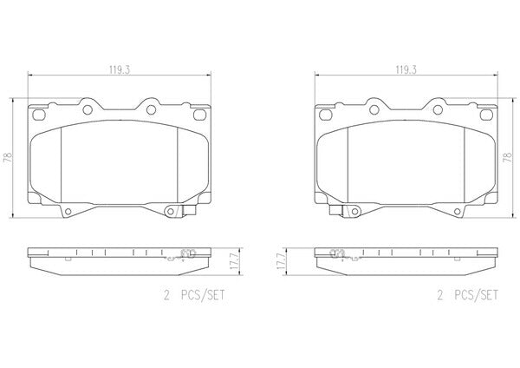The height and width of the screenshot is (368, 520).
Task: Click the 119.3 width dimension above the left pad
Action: pyautogui.click(x=120, y=69)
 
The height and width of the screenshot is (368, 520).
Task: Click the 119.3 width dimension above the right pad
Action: pyautogui.click(x=406, y=69)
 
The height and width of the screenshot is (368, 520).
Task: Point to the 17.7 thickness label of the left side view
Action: pyautogui.click(x=235, y=261)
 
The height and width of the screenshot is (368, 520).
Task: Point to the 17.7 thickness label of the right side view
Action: pyautogui.click(x=282, y=261)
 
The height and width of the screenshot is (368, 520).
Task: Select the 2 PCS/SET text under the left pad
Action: pyautogui.click(x=194, y=295)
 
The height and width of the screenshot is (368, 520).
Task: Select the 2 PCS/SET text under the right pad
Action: pyautogui.click(x=468, y=295)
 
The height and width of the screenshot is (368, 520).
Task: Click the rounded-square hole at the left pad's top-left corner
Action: pyautogui.click(x=39, y=115)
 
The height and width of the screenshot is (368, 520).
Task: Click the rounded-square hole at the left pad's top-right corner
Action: pyautogui.click(x=199, y=115)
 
